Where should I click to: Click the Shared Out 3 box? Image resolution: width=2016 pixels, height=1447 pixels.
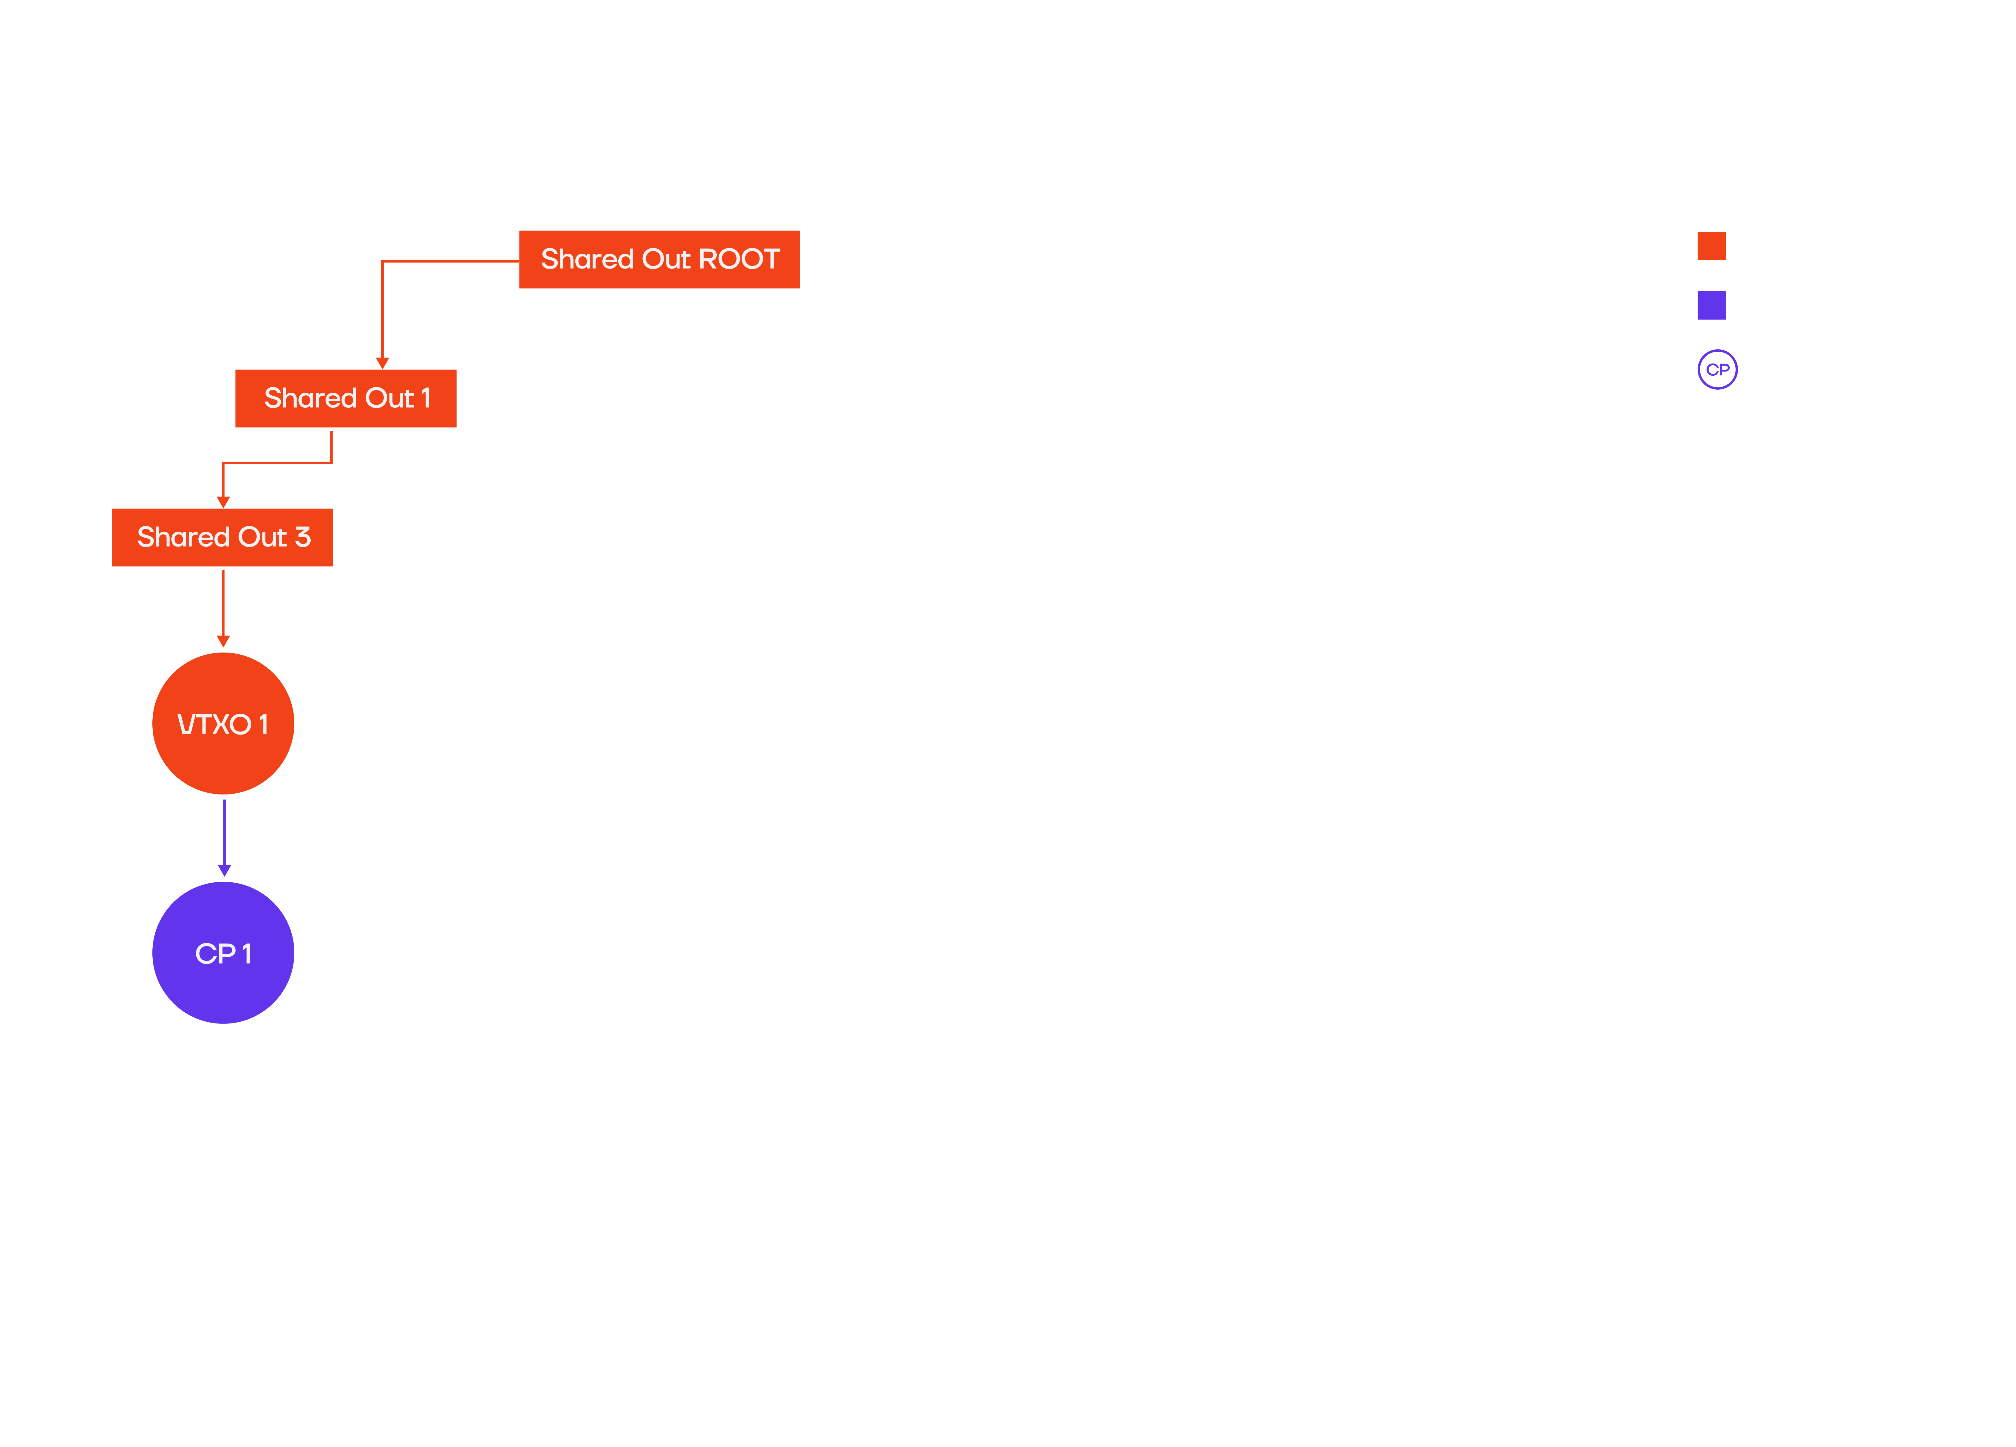pos(223,538)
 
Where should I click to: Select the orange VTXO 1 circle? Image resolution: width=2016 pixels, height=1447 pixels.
pos(223,723)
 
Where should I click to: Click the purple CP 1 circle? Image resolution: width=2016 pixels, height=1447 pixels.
pos(223,953)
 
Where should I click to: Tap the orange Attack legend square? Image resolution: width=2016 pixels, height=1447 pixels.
pos(1711,245)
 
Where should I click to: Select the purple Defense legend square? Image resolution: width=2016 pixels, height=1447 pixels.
pos(1711,305)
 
